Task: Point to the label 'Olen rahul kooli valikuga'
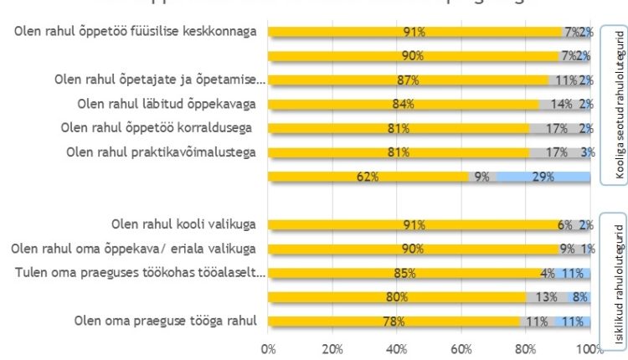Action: pyautogui.click(x=183, y=224)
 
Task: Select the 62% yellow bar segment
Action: pyautogui.click(x=368, y=177)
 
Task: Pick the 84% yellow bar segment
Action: pyautogui.click(x=404, y=105)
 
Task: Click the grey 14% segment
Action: pyautogui.click(x=561, y=105)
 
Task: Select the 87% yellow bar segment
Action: pyautogui.click(x=409, y=80)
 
